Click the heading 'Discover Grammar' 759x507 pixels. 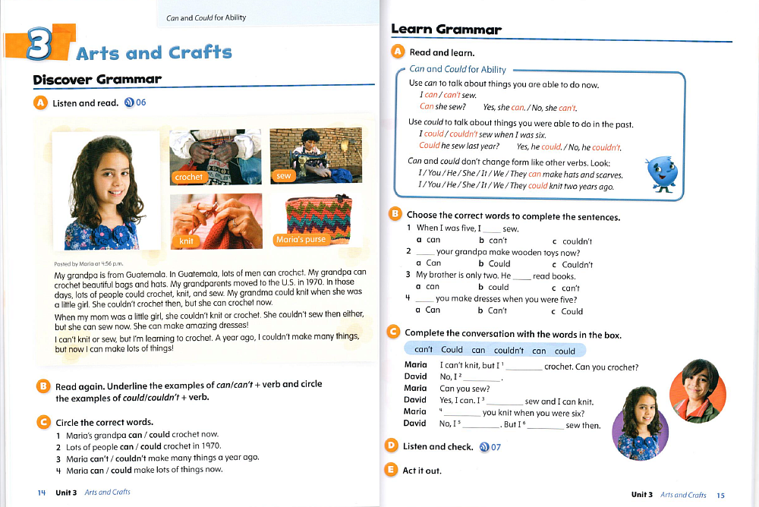point(97,80)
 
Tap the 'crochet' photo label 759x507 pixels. point(188,177)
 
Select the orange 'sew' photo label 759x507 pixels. point(283,176)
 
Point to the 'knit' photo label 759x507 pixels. point(186,241)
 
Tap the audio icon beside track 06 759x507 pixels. point(128,103)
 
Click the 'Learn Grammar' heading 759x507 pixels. point(446,30)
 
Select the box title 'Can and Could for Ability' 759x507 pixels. point(457,69)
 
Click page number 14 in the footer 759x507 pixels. point(42,493)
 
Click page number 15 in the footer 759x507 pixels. point(721,496)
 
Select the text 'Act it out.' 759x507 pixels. point(422,471)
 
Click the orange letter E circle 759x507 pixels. point(392,470)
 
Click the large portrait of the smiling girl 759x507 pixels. point(105,191)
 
